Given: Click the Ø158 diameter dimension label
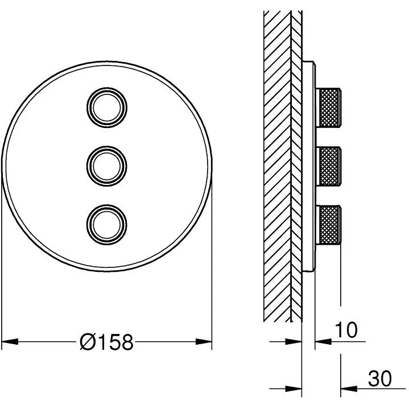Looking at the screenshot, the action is tap(107, 342).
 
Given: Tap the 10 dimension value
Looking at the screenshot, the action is tap(346, 330).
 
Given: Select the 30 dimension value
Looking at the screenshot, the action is tap(379, 378).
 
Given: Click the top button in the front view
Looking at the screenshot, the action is tap(107, 108).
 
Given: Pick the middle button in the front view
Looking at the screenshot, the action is tap(107, 166).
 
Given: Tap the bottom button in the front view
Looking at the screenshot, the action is tap(107, 225).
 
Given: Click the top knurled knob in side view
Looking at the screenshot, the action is tap(328, 108).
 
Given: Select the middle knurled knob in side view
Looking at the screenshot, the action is tap(328, 166).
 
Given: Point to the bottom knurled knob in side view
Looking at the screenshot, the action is tap(328, 225).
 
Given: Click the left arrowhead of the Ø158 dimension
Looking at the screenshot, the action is tap(10, 341).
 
